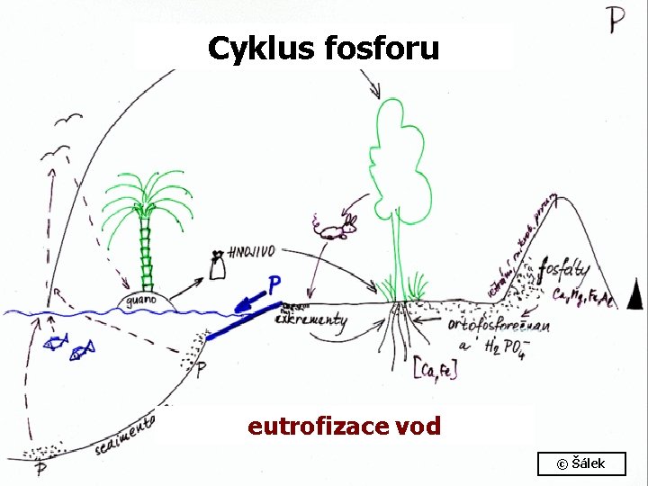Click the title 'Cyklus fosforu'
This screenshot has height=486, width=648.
pyautogui.click(x=323, y=48)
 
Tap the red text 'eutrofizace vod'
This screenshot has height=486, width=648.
pyautogui.click(x=344, y=426)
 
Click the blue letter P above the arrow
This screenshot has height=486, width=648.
pyautogui.click(x=274, y=286)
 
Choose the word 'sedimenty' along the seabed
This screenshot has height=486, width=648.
pyautogui.click(x=126, y=435)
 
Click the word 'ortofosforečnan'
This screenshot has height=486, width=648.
pyautogui.click(x=499, y=325)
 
